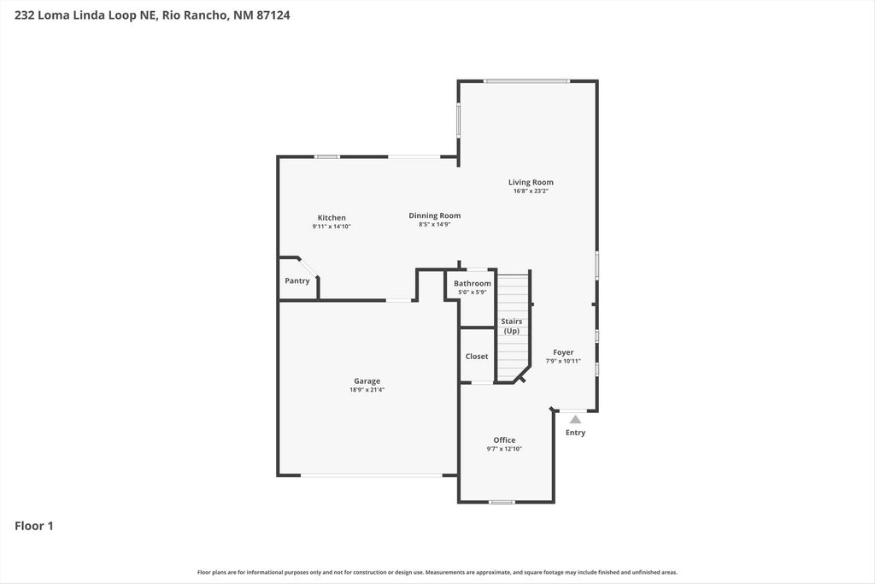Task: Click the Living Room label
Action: (531, 182)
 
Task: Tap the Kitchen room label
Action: (332, 218)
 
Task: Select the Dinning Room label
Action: (434, 216)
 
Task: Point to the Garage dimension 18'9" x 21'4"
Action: (367, 390)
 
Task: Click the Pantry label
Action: (297, 281)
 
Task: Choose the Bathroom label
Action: (472, 284)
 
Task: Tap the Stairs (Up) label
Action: (511, 326)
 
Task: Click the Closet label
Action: (477, 357)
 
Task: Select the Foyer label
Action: (563, 352)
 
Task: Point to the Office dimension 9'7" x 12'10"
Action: (504, 449)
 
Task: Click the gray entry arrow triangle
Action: (575, 420)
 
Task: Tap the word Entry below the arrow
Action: (575, 433)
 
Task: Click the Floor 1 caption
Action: (34, 526)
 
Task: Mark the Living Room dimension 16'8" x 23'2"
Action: (531, 192)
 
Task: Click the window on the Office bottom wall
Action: (502, 502)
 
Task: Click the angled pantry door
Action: (308, 268)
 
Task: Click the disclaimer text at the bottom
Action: (437, 572)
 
